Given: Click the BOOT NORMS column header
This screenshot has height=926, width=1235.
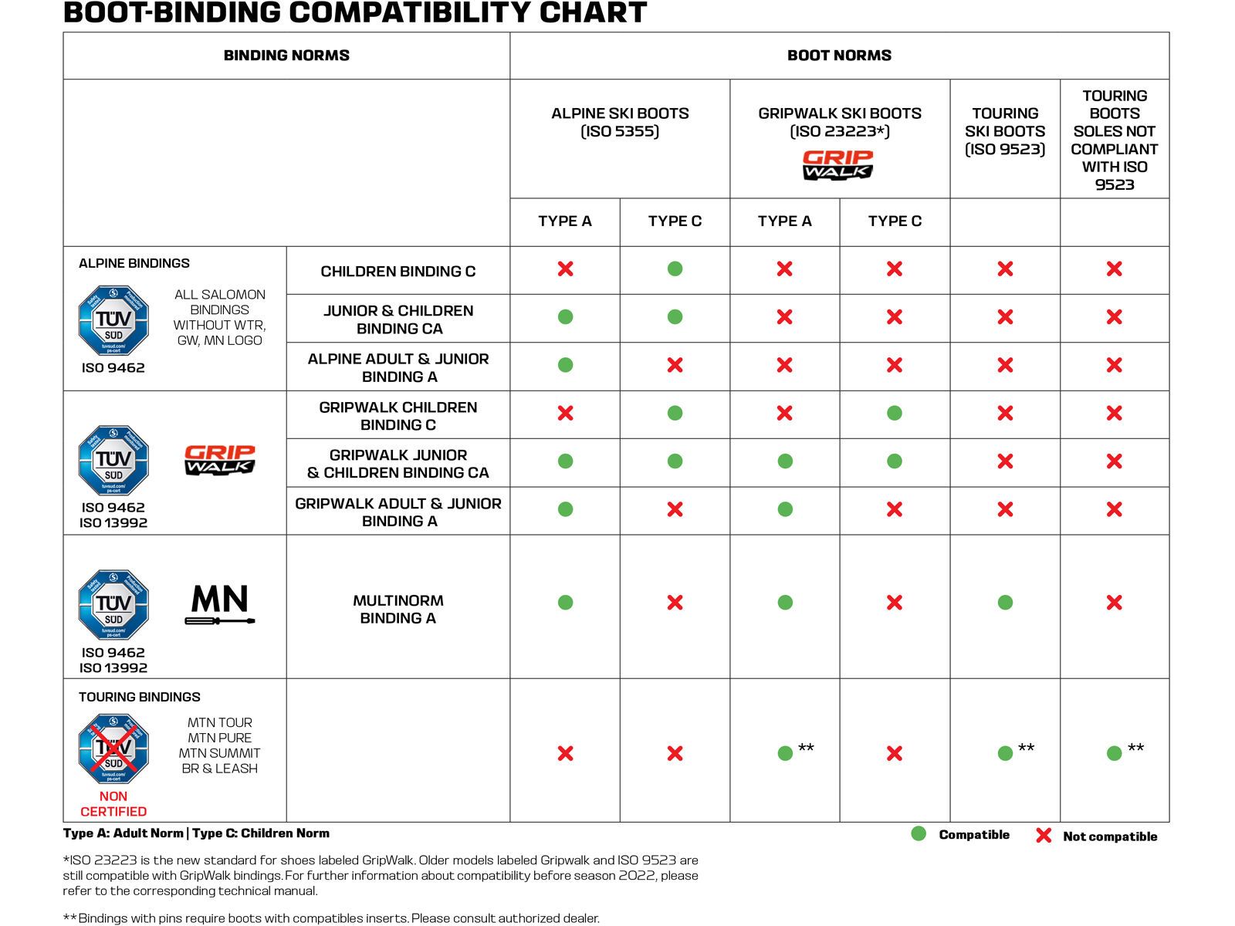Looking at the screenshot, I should point(839,56).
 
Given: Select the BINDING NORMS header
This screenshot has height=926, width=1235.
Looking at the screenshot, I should point(286,56).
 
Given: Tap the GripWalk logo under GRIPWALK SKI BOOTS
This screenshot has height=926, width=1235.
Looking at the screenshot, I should point(837,164).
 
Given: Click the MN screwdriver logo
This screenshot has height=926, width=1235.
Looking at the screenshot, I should point(220,604).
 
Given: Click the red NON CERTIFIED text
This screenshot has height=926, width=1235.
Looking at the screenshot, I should point(113,804).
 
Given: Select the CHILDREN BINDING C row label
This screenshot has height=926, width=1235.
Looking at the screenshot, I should point(398,272).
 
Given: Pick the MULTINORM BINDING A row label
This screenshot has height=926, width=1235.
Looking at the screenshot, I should point(398,609).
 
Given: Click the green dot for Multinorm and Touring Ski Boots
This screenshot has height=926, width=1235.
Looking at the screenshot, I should point(1005,603).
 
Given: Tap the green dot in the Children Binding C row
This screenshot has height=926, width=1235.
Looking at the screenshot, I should point(675,269).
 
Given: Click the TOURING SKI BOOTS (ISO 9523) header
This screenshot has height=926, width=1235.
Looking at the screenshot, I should point(1005,131).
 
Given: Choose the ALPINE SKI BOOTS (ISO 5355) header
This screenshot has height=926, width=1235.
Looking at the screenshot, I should point(620,122).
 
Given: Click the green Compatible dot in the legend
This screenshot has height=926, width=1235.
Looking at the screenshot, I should point(919,833).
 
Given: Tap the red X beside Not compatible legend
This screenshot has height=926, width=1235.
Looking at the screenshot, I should point(1044,835).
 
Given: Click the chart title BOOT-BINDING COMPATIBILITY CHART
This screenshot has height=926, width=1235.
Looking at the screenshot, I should point(354,13).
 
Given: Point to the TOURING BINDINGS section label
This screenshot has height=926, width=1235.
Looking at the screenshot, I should point(140,697).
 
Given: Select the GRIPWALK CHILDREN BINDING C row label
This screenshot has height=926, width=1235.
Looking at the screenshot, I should point(398,416).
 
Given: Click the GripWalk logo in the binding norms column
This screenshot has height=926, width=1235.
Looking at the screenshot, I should point(220,460).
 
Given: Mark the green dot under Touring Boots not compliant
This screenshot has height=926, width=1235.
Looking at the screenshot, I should point(1114,753).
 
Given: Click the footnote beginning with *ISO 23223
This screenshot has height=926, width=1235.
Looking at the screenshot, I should point(381,875).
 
